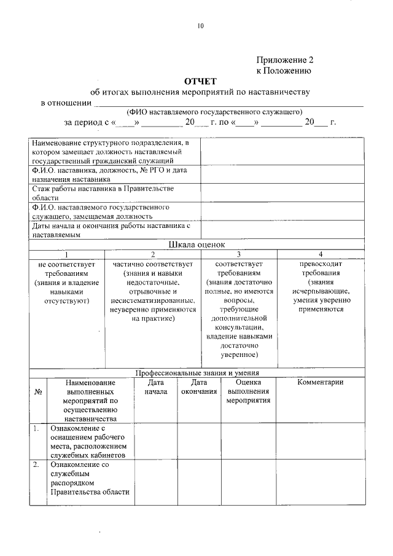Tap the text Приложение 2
pyautogui.click(x=284, y=60)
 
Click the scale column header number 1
pyautogui.click(x=67, y=254)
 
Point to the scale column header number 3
pyautogui.click(x=238, y=254)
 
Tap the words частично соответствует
pyautogui.click(x=153, y=264)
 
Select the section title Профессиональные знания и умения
pyautogui.click(x=198, y=372)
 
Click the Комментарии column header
pyautogui.click(x=320, y=382)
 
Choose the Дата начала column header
pyautogui.click(x=155, y=386)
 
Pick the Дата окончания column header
pyautogui.click(x=199, y=386)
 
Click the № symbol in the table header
pyautogui.click(x=38, y=391)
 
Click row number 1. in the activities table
pyautogui.click(x=36, y=428)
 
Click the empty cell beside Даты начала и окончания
pyautogui.click(x=282, y=230)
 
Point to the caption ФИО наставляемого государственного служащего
pyautogui.click(x=214, y=112)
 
